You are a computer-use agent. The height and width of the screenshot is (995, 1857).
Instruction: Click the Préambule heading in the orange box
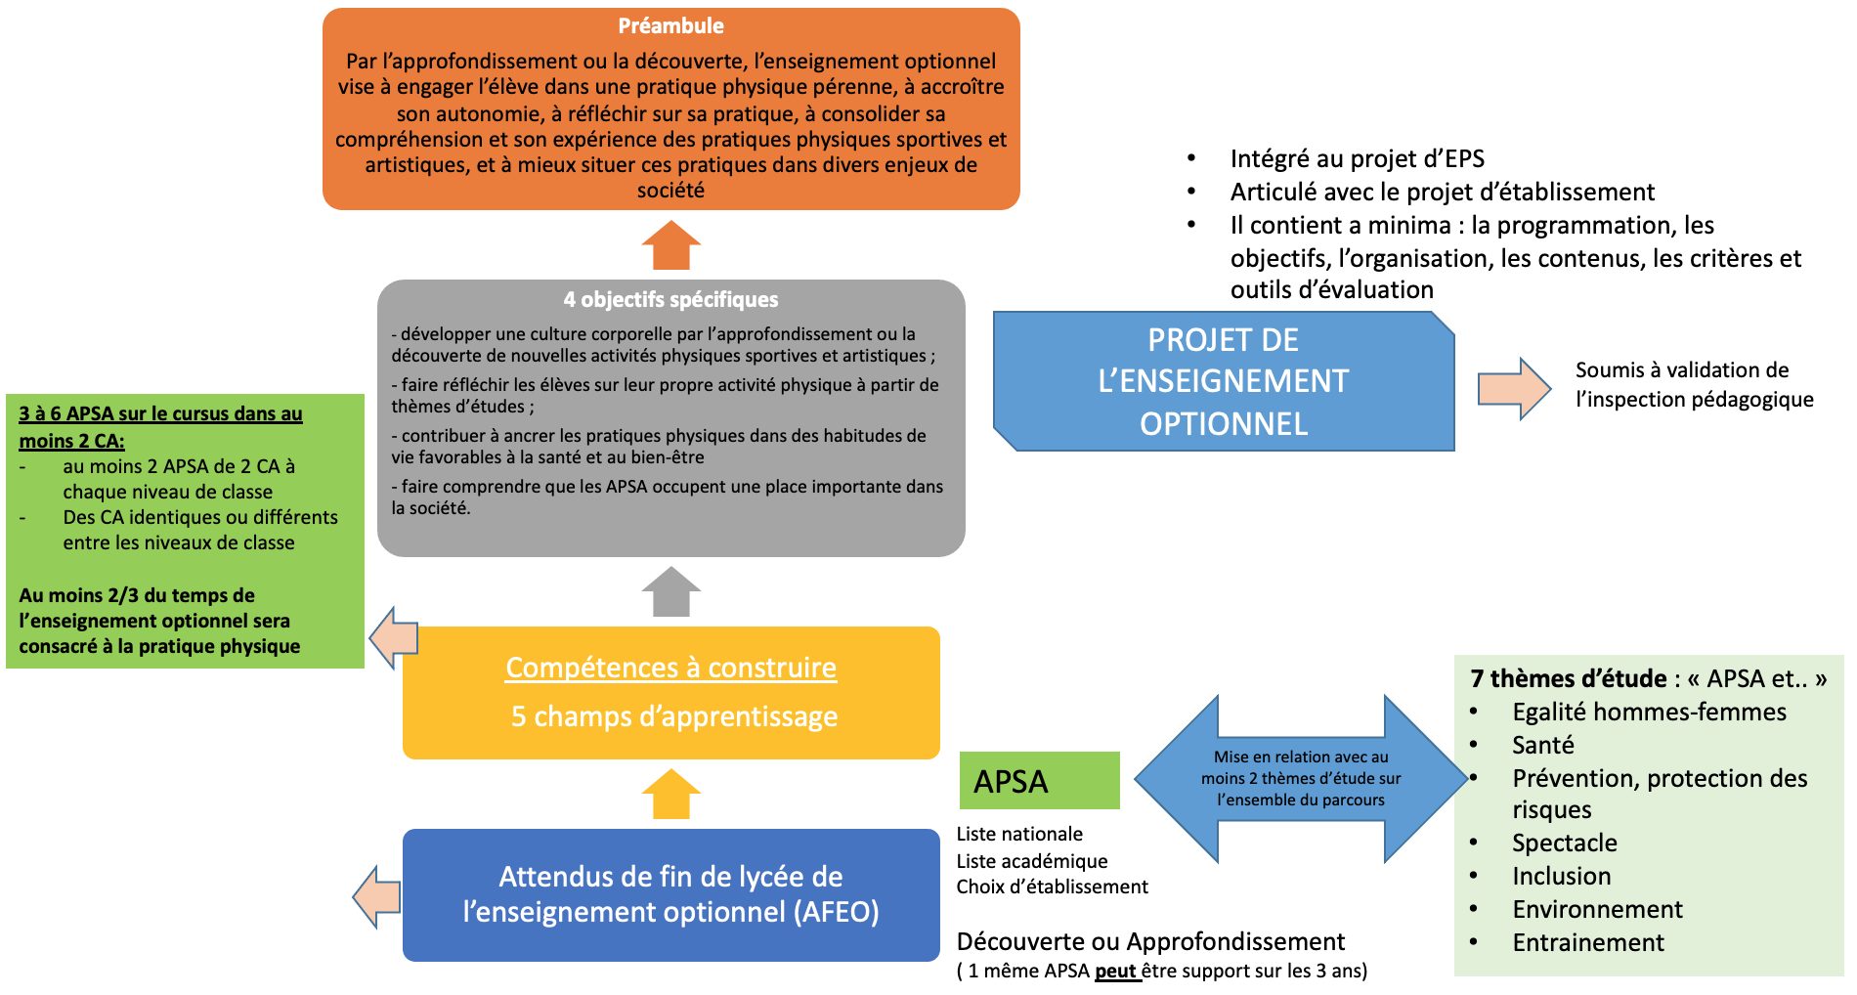[670, 26]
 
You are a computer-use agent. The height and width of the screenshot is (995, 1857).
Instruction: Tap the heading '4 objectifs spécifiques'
[670, 300]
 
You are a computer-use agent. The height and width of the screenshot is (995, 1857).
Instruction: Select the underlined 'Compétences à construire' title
[670, 668]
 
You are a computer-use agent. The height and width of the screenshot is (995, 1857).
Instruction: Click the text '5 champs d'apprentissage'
[674, 716]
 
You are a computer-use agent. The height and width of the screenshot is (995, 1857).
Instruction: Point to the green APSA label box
[1039, 781]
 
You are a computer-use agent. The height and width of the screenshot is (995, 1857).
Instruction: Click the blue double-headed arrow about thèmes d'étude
[1301, 778]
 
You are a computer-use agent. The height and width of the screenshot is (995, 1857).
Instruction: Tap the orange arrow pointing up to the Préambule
[671, 245]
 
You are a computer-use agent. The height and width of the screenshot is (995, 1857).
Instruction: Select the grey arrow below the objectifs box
[671, 591]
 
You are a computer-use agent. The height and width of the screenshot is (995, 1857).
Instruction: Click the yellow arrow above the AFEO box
[671, 794]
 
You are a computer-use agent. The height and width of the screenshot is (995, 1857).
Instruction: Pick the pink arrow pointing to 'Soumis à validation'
[1513, 388]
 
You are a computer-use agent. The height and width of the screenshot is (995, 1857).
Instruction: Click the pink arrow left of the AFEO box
[377, 896]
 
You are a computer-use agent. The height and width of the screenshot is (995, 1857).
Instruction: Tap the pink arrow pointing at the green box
[394, 638]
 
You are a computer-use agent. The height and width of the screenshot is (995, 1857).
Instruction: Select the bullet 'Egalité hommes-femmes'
[1649, 713]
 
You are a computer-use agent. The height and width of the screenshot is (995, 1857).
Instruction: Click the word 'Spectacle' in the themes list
[1564, 844]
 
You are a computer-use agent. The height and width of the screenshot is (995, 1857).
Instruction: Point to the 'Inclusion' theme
[1561, 877]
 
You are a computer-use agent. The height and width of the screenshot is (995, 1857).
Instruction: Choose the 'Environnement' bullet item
[1597, 910]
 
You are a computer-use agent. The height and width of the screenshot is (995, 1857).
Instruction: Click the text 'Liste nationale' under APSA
[1019, 835]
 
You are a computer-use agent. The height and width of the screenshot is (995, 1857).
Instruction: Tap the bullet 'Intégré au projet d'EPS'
[1357, 159]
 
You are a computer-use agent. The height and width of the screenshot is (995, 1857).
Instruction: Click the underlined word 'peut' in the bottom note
[1115, 972]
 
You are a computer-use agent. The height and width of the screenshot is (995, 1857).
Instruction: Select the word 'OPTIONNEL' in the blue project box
[1224, 424]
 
